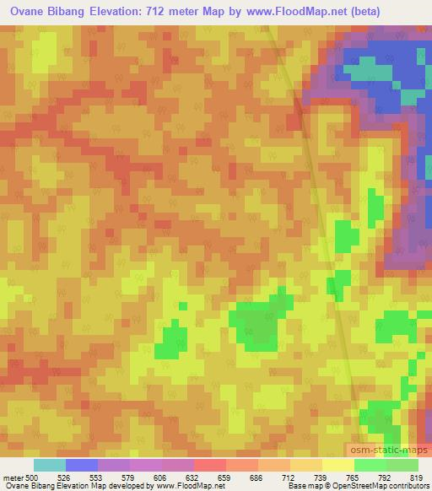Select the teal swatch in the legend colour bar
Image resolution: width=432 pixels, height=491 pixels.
[50, 465]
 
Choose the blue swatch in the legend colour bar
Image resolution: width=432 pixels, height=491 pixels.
[82, 465]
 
